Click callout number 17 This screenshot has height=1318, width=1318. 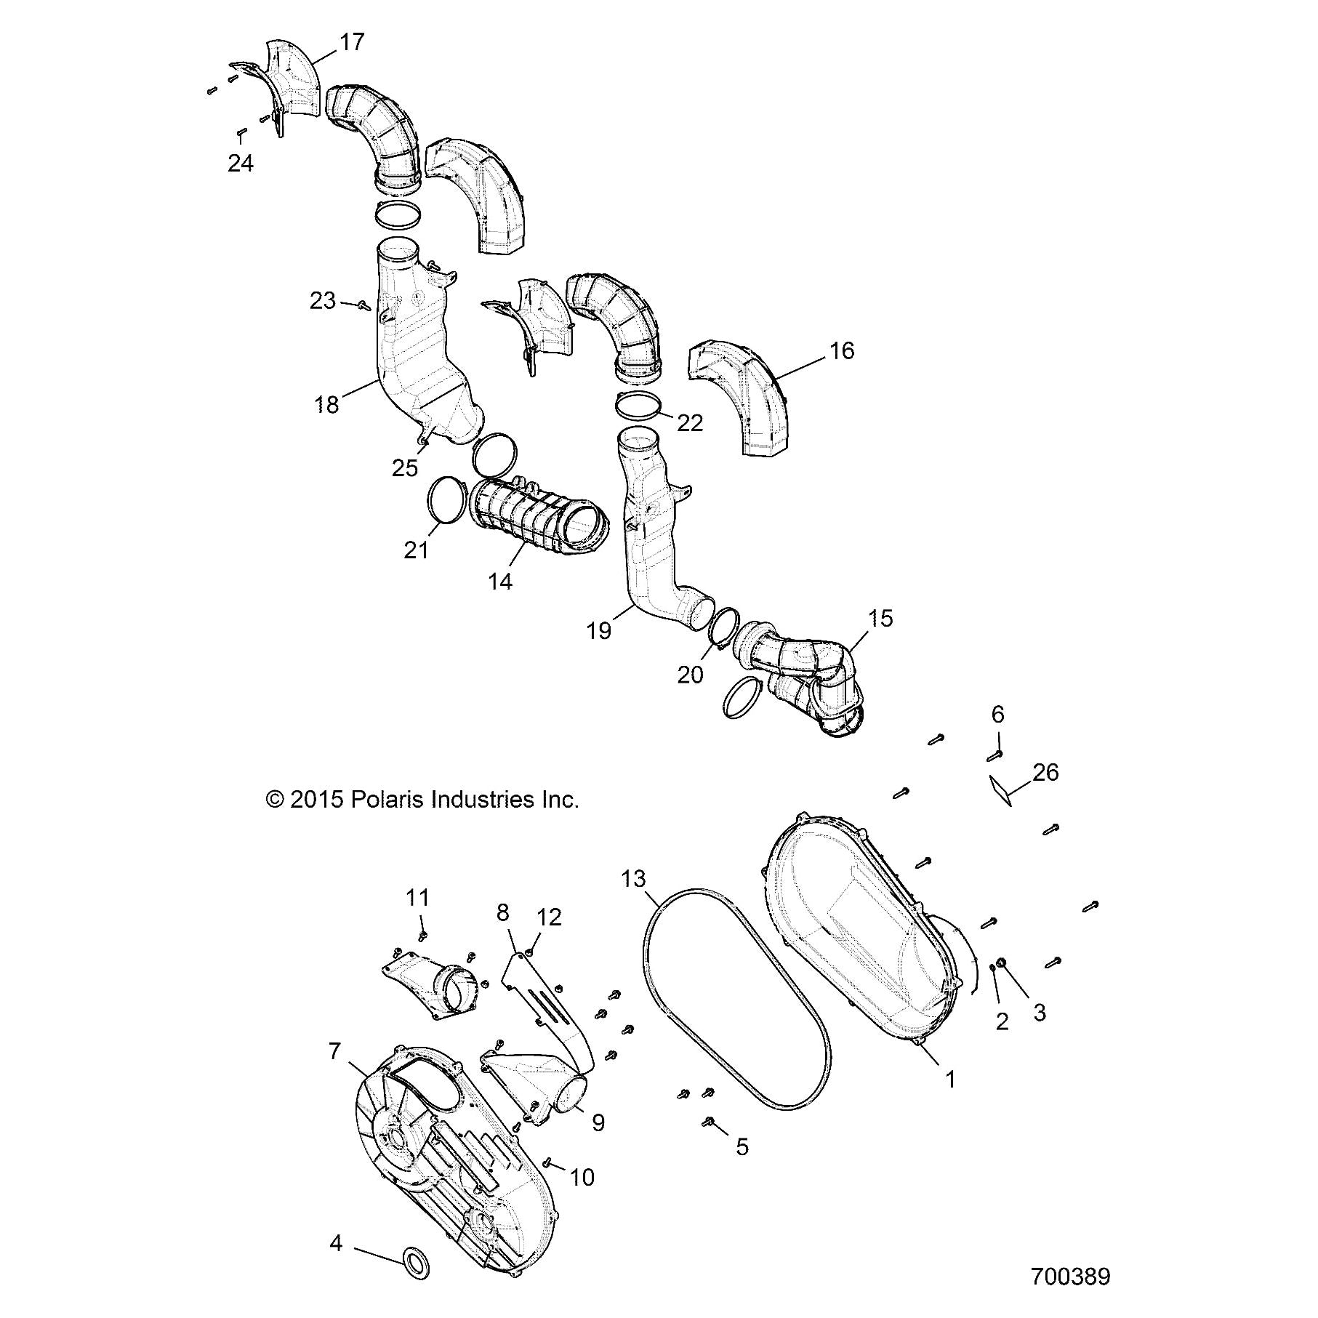(x=352, y=43)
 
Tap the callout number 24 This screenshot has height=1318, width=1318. (x=241, y=163)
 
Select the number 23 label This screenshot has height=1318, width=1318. (x=323, y=300)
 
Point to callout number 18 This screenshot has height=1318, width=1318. (x=327, y=405)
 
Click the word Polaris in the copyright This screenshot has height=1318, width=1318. (x=388, y=800)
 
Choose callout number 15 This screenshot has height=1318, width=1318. (x=880, y=619)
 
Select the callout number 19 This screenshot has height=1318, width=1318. (x=599, y=630)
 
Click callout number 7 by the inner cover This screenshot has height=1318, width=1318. (x=335, y=1050)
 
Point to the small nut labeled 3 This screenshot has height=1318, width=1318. (x=1002, y=963)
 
